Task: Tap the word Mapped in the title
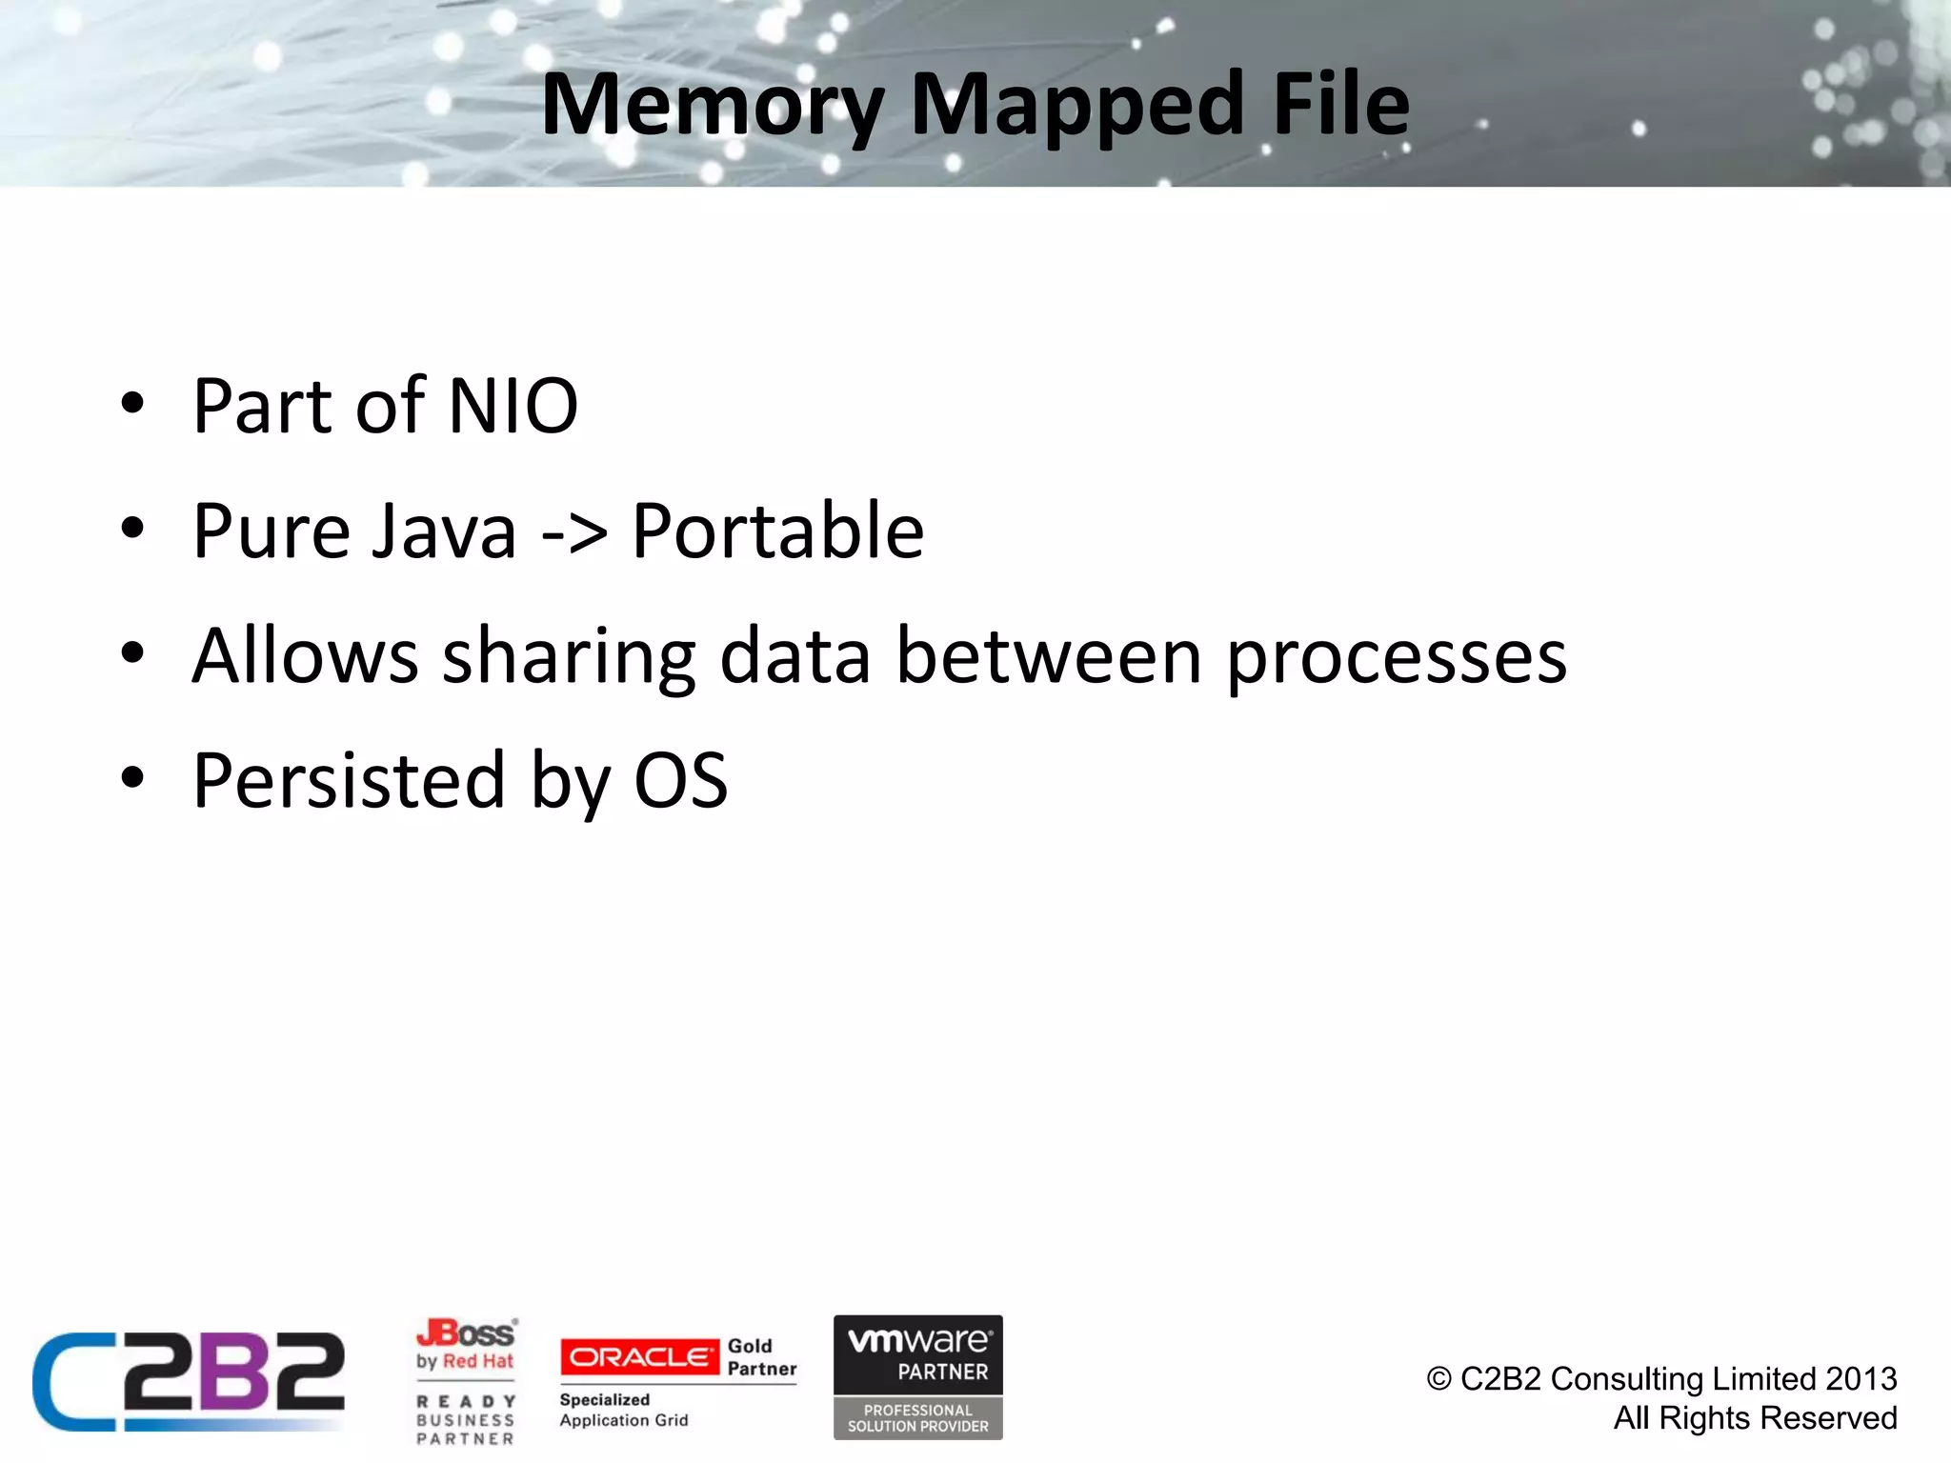pos(1077,105)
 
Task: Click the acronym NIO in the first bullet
pos(513,407)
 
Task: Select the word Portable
pos(777,531)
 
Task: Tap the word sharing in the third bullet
pos(569,657)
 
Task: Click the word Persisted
pos(349,782)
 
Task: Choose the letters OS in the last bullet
pos(680,782)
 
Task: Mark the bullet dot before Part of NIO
pos(132,403)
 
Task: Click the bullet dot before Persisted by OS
pos(132,777)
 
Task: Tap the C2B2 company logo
pos(189,1381)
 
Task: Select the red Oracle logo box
pos(639,1357)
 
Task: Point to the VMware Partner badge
pos(917,1377)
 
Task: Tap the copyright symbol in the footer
pos(1438,1379)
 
